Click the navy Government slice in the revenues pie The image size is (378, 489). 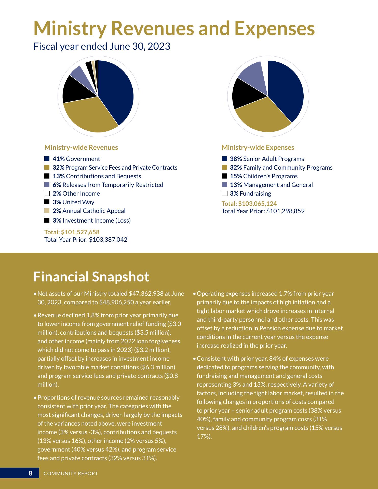pos(116,92)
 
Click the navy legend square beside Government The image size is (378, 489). pos(47,159)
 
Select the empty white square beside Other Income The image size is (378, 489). pos(47,194)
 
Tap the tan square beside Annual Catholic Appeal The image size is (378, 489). pos(47,211)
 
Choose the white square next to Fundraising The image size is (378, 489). pos(224,194)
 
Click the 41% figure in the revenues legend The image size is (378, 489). pos(59,159)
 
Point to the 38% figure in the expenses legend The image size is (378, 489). pos(236,159)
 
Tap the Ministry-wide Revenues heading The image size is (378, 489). pos(81,147)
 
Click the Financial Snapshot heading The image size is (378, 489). pos(91,277)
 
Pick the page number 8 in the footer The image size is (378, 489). pos(31,473)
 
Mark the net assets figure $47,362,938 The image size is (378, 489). pos(146,294)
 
